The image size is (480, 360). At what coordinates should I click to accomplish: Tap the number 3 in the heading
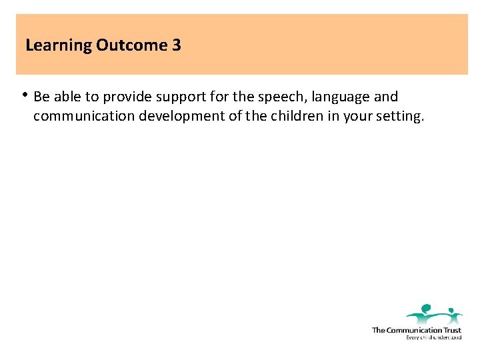(177, 45)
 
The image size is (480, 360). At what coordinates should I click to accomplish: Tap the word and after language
(386, 97)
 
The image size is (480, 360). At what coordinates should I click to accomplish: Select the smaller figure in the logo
(453, 314)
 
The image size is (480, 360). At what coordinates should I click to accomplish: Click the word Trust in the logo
(450, 330)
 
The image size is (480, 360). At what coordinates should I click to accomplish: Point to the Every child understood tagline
(433, 337)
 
